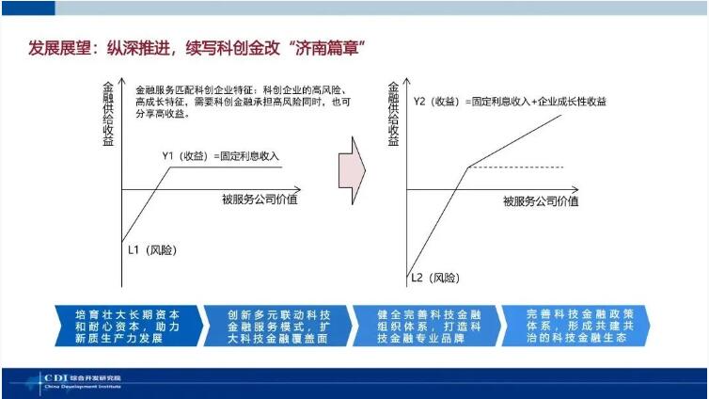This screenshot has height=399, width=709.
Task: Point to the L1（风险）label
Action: (x=152, y=249)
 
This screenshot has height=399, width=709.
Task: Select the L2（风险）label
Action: (x=436, y=278)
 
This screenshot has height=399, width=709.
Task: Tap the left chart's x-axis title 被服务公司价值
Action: (x=260, y=199)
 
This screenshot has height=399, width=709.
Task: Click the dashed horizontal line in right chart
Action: (x=517, y=168)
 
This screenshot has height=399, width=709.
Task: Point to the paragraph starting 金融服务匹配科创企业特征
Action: (x=229, y=98)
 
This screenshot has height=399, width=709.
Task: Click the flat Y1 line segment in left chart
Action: (x=226, y=168)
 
